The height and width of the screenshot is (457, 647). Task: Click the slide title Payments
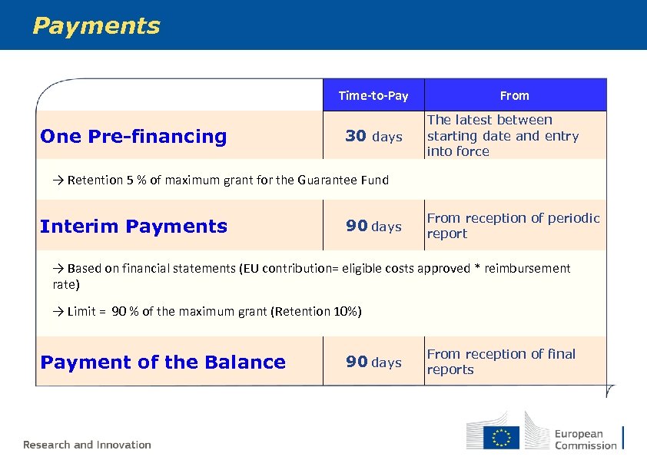(96, 26)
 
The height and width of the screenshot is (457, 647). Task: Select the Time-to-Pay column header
(373, 96)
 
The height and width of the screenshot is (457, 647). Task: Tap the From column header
(514, 96)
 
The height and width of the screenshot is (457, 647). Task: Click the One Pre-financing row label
(134, 137)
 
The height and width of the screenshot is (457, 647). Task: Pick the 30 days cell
(373, 137)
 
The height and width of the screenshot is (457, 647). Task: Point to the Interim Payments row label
(134, 227)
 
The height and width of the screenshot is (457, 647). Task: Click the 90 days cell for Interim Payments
(373, 227)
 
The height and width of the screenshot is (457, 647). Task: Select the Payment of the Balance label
(163, 363)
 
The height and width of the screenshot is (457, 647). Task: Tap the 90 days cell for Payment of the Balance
(373, 363)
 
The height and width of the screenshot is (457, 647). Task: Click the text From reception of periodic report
(513, 226)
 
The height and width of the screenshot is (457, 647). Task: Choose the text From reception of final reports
(501, 362)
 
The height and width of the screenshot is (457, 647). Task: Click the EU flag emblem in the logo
(501, 438)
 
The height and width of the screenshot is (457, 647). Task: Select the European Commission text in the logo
(586, 439)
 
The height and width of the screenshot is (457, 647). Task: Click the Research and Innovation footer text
(87, 445)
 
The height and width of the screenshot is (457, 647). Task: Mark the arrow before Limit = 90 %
(58, 312)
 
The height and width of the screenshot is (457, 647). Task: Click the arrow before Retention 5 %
(58, 180)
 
